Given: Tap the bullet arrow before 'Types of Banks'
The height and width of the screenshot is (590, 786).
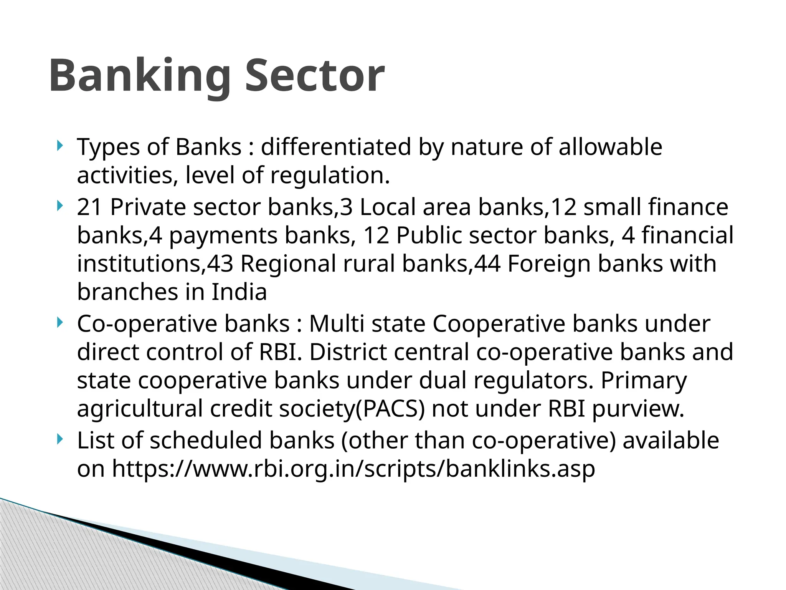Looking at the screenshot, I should click(x=59, y=146).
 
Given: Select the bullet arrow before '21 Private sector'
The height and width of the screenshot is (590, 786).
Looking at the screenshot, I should click(x=59, y=206).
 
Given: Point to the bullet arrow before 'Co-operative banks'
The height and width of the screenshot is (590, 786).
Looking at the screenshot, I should click(x=59, y=322).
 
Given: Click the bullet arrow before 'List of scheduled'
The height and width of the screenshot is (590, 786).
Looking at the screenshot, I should click(x=59, y=439).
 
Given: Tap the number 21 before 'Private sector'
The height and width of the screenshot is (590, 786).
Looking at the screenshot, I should click(x=89, y=207).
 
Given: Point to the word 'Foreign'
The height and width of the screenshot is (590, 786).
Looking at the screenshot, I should click(x=549, y=264).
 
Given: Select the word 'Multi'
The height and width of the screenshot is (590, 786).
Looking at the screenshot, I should click(x=337, y=323).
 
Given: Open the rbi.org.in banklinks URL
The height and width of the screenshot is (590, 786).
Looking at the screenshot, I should click(x=353, y=469).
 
